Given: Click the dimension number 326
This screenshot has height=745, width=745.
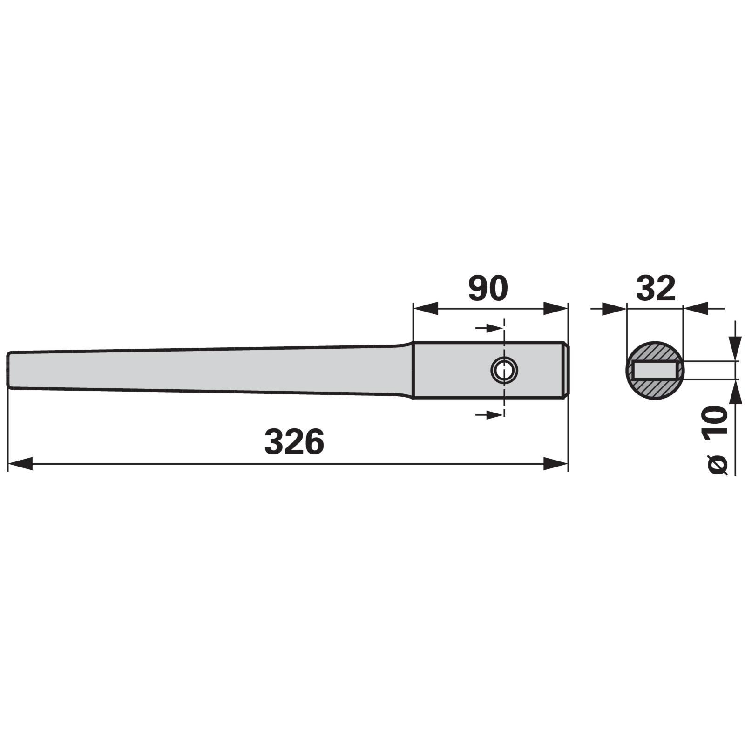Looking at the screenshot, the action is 294,442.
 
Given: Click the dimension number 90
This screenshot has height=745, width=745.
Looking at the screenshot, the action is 488,288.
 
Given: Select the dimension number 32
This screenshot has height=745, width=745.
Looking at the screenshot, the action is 655,288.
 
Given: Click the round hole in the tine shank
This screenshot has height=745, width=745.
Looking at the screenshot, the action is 504,371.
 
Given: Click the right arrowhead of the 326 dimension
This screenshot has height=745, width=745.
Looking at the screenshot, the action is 555,464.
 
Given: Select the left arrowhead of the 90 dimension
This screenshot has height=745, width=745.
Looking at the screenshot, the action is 426,308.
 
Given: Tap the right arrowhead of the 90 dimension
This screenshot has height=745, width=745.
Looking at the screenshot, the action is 555,308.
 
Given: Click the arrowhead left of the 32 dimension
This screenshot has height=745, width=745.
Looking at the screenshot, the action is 615,308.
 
